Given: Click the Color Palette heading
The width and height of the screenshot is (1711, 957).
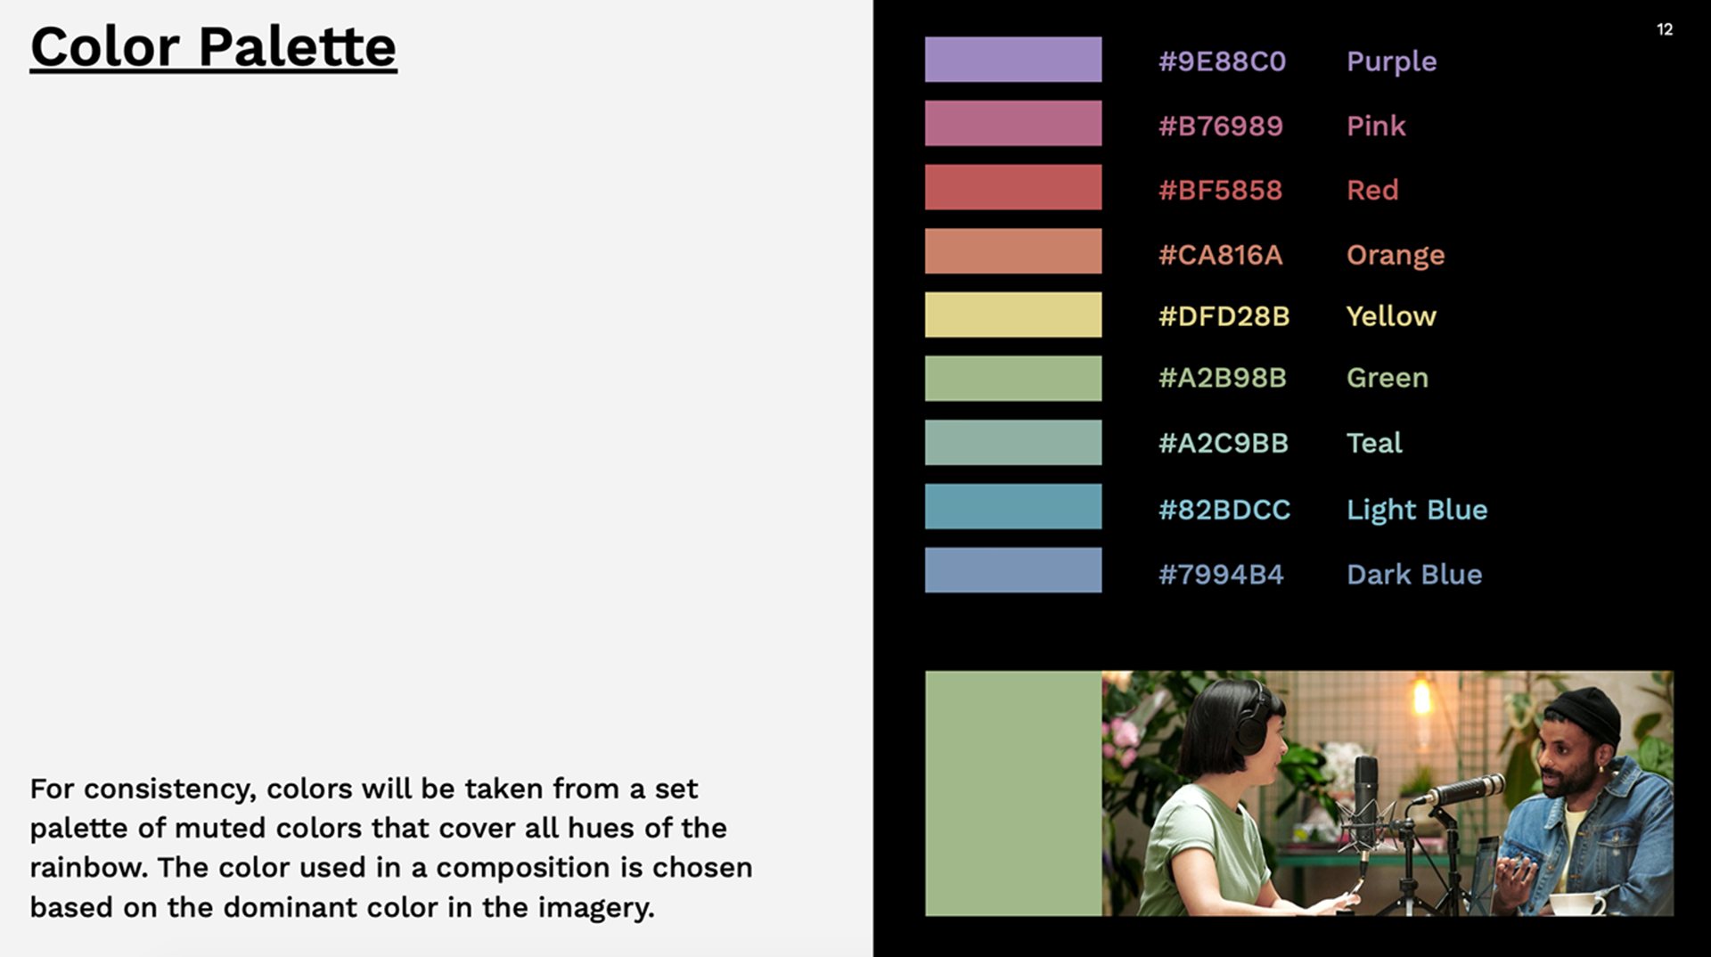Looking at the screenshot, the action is pyautogui.click(x=214, y=47).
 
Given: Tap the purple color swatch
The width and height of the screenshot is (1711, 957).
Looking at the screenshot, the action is pyautogui.click(x=1013, y=60).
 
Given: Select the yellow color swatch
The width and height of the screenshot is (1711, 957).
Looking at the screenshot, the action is pyautogui.click(x=1013, y=315).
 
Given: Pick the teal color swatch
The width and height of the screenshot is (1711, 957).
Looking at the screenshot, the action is pyautogui.click(x=1013, y=443).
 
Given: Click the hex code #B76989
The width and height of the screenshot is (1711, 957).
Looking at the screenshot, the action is pyautogui.click(x=1221, y=126).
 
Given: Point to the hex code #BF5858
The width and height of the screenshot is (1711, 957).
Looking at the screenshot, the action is pyautogui.click(x=1220, y=190).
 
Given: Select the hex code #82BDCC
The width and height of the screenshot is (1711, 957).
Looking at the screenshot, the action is pyautogui.click(x=1224, y=510).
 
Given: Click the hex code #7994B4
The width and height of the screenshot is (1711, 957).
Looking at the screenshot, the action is pyautogui.click(x=1221, y=575).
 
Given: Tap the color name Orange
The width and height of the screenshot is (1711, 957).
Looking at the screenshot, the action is pyautogui.click(x=1396, y=256).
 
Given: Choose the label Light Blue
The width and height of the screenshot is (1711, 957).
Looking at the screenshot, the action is pyautogui.click(x=1417, y=511).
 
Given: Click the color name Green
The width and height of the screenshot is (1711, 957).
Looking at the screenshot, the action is pyautogui.click(x=1388, y=378).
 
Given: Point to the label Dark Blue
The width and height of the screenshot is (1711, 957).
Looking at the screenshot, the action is pyautogui.click(x=1414, y=575).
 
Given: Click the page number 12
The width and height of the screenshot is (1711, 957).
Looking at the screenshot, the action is pyautogui.click(x=1665, y=29).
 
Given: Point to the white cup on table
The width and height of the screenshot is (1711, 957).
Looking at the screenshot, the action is pyautogui.click(x=1576, y=904).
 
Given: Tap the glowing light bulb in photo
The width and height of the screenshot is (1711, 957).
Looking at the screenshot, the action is pyautogui.click(x=1421, y=698).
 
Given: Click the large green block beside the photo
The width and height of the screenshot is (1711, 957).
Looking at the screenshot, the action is pyautogui.click(x=1013, y=793).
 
